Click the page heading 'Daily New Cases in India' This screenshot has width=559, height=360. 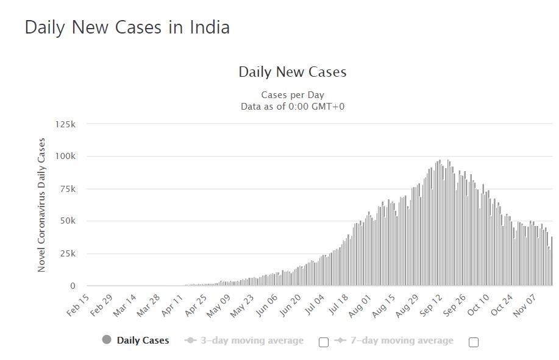127,27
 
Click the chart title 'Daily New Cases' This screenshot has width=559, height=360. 293,72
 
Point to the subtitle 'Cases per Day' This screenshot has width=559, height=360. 293,95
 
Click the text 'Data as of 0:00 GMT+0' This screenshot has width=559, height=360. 293,106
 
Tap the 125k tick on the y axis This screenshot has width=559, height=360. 65,124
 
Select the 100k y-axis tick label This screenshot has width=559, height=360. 65,157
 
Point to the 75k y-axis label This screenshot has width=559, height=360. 67,189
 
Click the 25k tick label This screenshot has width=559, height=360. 67,253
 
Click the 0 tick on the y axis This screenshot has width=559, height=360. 73,286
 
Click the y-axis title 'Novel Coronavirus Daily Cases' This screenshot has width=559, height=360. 41,205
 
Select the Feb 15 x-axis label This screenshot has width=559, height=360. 78,305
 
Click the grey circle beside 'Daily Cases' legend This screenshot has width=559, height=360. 107,340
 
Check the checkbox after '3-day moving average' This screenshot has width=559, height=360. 324,342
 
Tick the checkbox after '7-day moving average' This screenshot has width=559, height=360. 474,342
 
